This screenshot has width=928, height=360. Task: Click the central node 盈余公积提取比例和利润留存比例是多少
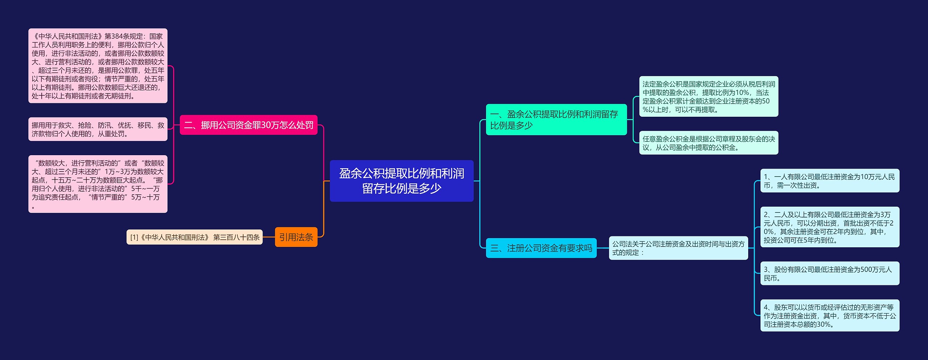(x=401, y=181)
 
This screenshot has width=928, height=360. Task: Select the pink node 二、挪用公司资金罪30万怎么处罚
(x=248, y=125)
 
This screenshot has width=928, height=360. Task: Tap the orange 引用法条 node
(x=296, y=237)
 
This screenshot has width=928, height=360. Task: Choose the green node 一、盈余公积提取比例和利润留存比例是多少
(x=556, y=120)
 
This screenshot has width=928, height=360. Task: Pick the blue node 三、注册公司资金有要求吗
(x=541, y=248)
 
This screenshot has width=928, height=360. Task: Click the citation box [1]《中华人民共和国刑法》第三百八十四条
(x=194, y=237)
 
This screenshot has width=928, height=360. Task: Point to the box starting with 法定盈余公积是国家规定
(x=708, y=96)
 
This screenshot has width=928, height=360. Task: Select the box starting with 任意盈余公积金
(x=708, y=143)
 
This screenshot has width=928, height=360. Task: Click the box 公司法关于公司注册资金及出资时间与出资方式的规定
(x=678, y=248)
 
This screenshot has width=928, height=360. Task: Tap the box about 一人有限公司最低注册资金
(x=829, y=181)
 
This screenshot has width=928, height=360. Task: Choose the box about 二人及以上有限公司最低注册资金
(x=829, y=227)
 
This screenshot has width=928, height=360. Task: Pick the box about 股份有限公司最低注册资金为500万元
(x=829, y=273)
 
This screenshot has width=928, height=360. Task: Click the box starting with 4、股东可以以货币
(x=829, y=315)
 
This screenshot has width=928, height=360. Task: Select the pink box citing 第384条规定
(x=98, y=66)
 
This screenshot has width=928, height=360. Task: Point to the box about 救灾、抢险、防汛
(x=98, y=129)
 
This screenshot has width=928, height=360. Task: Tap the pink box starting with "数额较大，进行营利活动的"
(x=98, y=184)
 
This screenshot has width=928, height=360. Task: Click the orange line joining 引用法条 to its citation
(x=269, y=237)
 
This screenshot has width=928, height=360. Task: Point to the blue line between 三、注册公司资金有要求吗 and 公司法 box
(x=602, y=248)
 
